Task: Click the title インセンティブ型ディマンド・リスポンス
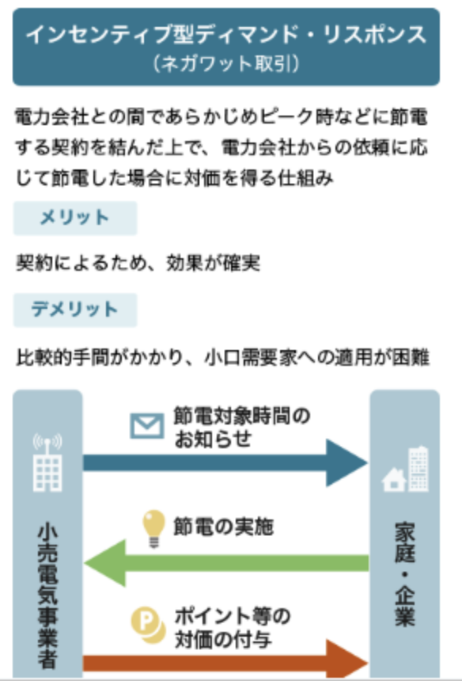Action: [226, 35]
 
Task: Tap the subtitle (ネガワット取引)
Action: [226, 64]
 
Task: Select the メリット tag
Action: [75, 218]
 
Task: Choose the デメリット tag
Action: [75, 310]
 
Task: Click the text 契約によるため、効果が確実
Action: [138, 263]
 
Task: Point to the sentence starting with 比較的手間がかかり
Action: [222, 358]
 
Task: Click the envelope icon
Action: [147, 426]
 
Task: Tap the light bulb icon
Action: [153, 529]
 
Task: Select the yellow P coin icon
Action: [149, 626]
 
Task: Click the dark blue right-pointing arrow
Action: [225, 463]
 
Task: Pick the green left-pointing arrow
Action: [226, 563]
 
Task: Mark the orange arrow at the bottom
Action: [225, 660]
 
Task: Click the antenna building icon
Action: [47, 462]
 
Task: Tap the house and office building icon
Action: [405, 469]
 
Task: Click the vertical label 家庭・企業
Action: [405, 574]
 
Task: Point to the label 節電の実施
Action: [223, 527]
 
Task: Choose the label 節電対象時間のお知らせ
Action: [242, 427]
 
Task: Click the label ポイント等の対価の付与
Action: [233, 628]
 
